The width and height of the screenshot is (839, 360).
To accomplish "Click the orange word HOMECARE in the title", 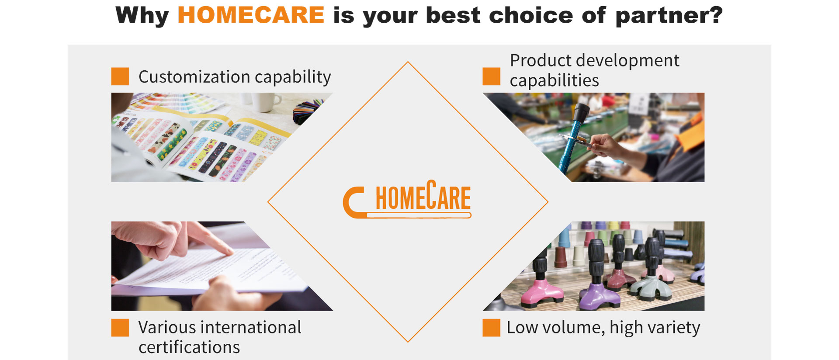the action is pos(251,15).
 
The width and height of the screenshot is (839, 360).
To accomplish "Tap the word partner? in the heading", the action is pos(669,16).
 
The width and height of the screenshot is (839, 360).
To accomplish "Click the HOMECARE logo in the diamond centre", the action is pos(407,199).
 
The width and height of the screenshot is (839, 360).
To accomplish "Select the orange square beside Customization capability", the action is pos(120,76).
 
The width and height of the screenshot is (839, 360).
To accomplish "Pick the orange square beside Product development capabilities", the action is pos(491,76).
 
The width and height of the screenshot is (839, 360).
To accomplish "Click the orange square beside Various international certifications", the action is pos(120,328).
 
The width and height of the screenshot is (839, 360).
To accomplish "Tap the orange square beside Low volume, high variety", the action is pos(491,328).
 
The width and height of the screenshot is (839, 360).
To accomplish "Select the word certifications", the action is pos(189,347).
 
